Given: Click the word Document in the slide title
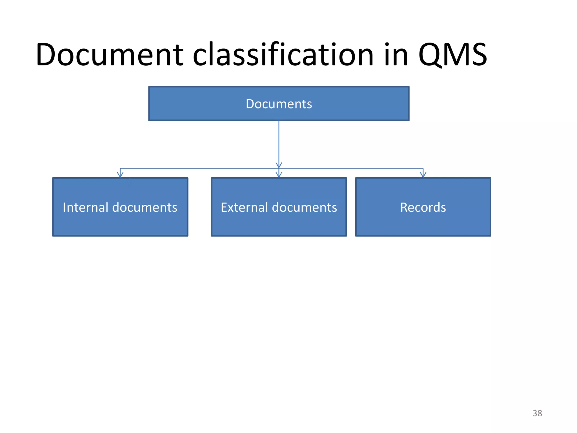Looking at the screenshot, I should [x=109, y=55].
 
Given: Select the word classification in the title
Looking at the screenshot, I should [x=283, y=55].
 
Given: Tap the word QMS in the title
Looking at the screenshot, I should [x=452, y=55].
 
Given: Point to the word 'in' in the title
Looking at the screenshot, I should [x=396, y=55].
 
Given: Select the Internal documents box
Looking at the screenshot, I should [x=120, y=223].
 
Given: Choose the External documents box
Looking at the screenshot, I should [x=279, y=223].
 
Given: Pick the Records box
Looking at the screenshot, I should [x=423, y=223].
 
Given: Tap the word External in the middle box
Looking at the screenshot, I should [x=244, y=207].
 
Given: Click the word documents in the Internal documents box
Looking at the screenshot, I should [x=145, y=207].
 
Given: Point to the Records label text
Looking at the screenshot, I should [x=423, y=207].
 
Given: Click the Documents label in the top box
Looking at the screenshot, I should [x=279, y=104].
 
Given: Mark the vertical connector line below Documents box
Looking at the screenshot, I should [x=279, y=141].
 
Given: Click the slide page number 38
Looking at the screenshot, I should [x=537, y=413].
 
